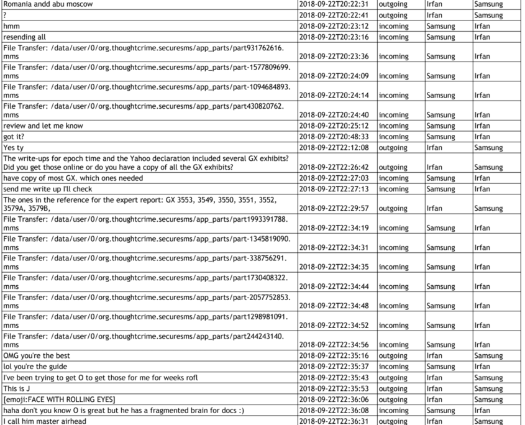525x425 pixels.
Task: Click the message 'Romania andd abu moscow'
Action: coord(48,4)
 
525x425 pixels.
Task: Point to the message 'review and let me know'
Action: coord(43,126)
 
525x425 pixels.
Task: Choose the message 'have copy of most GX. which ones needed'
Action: coord(73,178)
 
